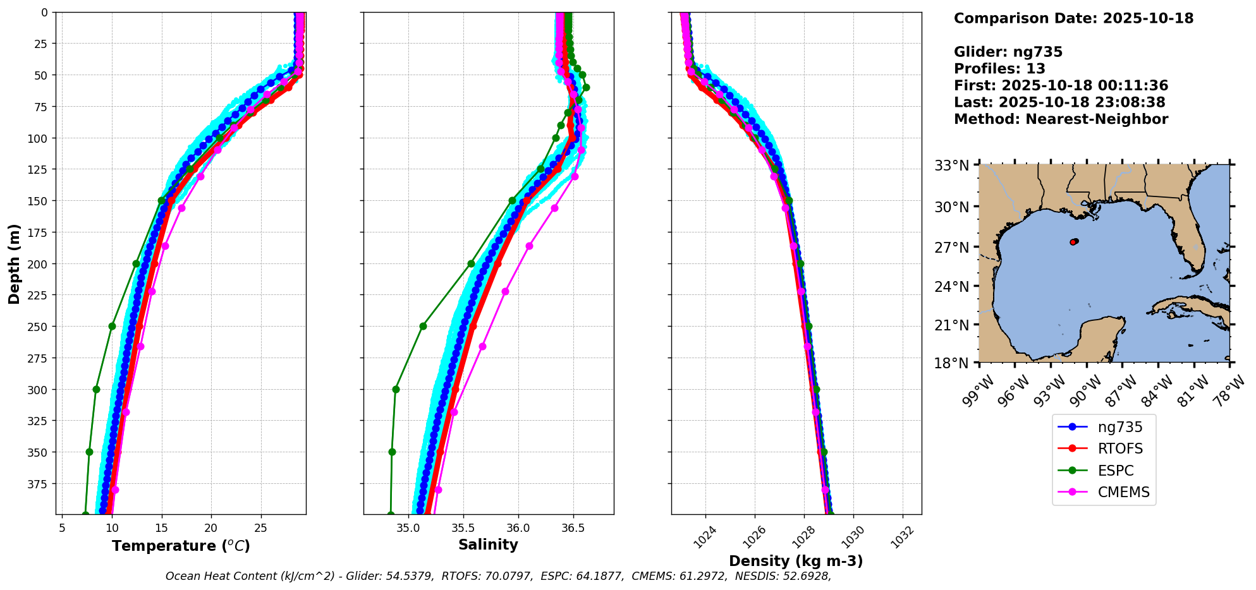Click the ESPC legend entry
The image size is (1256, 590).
point(1115,471)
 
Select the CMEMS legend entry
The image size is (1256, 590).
point(1123,492)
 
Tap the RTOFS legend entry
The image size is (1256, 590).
point(1120,449)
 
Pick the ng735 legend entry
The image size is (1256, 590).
point(1120,427)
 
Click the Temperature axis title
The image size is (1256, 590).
point(181,546)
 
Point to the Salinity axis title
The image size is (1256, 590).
point(488,545)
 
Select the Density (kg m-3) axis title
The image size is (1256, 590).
point(796,561)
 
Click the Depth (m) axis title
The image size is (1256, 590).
point(14,263)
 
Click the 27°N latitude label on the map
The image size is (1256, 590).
point(952,247)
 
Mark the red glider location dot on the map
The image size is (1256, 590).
point(1073,242)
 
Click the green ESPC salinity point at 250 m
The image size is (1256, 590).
point(423,327)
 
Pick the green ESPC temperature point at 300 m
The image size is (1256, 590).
point(96,389)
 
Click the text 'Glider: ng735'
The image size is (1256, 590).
point(1008,52)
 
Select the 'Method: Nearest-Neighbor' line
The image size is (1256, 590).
point(1061,119)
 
